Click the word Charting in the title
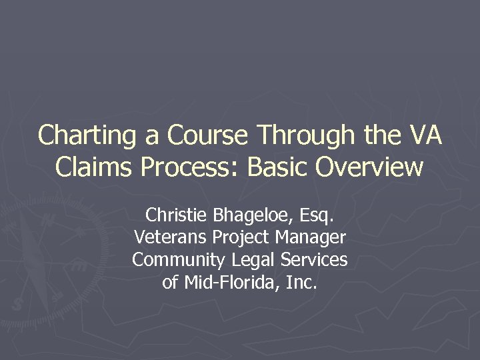tap(87, 135)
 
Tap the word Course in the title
tap(209, 135)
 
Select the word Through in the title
tap(306, 135)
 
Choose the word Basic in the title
tap(278, 167)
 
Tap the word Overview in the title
tap(369, 167)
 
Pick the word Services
tap(314, 259)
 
